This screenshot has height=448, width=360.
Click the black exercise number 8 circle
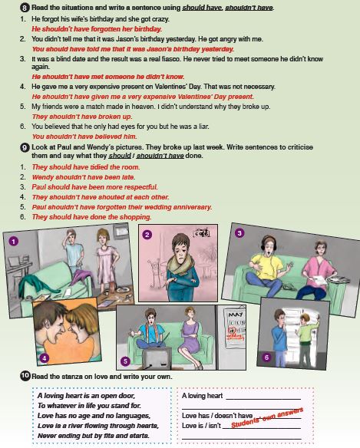coord(25,8)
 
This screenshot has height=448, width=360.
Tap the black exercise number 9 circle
coord(25,147)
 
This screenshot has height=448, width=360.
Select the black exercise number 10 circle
coord(25,376)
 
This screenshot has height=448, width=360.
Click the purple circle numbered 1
coord(14,242)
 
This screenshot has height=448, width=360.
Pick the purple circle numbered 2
coord(147,235)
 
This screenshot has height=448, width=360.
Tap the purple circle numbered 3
coord(239,233)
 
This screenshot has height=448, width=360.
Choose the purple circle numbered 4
coord(45,358)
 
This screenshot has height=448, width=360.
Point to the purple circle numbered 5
coord(125,361)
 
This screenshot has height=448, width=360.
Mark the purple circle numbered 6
coord(266,357)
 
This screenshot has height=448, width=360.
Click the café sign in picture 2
coord(202,233)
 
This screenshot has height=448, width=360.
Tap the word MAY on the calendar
coord(236,315)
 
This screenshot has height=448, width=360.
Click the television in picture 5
coord(157,358)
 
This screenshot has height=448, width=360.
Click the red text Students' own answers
coord(267,418)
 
